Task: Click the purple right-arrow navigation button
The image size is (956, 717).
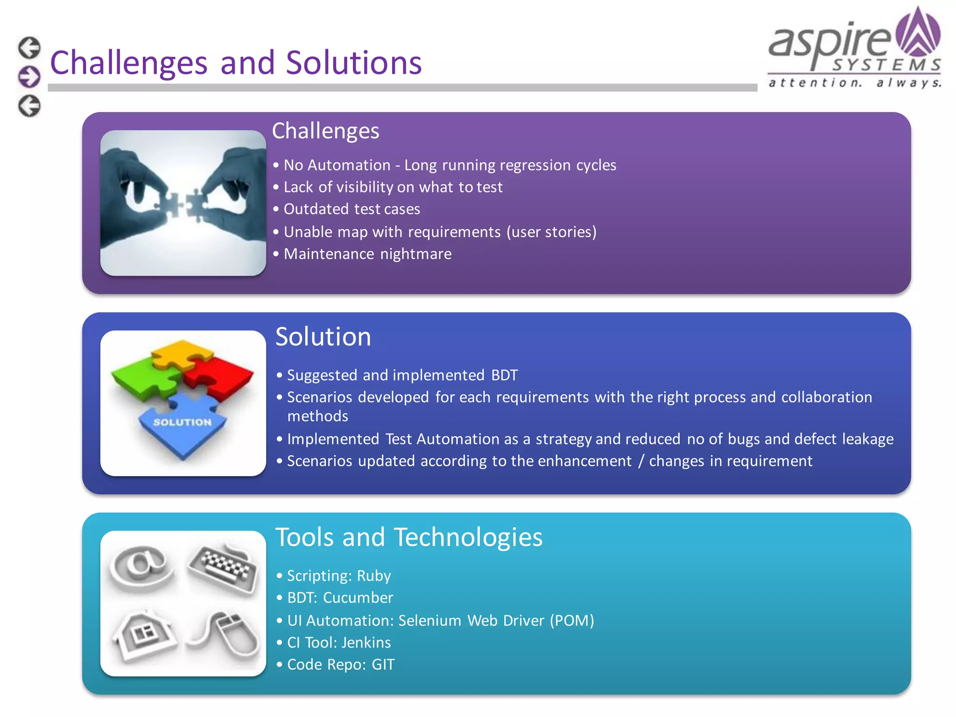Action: [29, 77]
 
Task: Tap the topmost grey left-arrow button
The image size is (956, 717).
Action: [29, 48]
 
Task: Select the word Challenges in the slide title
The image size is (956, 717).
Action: [128, 63]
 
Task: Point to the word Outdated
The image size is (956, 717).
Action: [316, 209]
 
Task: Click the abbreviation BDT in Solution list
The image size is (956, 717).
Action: [504, 375]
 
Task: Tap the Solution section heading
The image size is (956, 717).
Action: [323, 337]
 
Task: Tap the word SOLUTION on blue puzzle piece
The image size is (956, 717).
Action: [183, 422]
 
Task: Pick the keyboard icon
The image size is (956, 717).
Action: [223, 567]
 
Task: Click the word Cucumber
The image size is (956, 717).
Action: [358, 598]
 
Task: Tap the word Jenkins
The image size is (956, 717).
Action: [366, 643]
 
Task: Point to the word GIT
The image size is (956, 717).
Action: [383, 665]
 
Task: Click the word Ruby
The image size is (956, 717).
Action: [373, 576]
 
